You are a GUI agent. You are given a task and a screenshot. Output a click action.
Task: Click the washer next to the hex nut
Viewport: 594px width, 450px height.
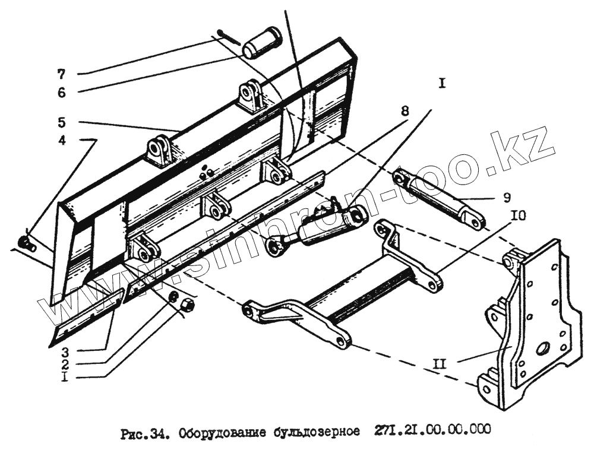[173, 297]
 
